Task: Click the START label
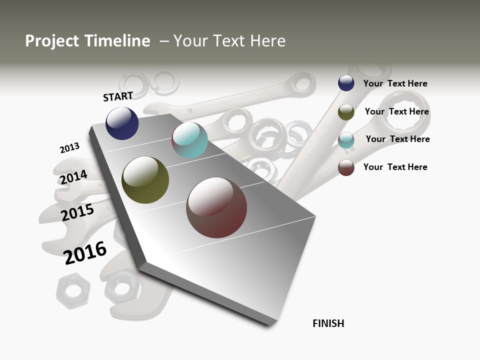coord(118,96)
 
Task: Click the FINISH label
coord(328,323)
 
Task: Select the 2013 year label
coord(69,148)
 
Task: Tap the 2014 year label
coord(73,177)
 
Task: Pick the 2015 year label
coord(77,212)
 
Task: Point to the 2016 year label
coord(85,252)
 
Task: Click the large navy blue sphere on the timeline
coord(122,123)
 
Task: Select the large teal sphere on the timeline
coord(189,140)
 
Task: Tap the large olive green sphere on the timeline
coord(145,180)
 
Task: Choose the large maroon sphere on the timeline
coord(216,207)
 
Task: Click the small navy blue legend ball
coord(346,83)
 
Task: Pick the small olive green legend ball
coord(346,112)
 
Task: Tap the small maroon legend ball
coord(346,167)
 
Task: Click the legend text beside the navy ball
coord(395,83)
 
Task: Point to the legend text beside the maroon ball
coord(395,167)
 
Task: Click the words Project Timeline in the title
coord(87,41)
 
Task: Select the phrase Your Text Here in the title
coord(229,41)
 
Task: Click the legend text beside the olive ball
coord(396,111)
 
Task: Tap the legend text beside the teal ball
coord(397,139)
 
